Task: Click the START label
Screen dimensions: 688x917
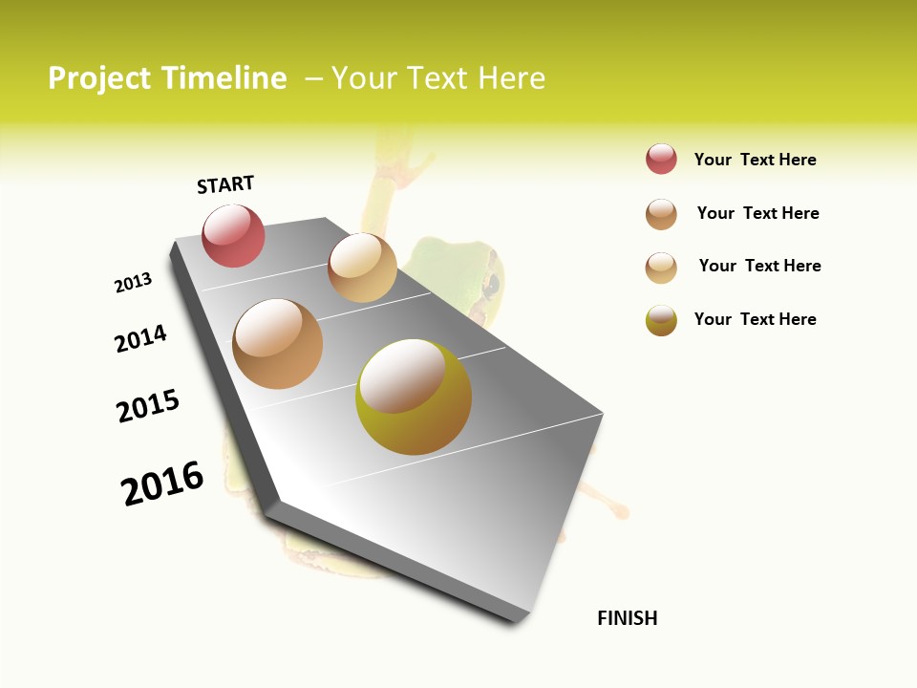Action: point(225,184)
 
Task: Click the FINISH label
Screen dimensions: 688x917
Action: point(627,618)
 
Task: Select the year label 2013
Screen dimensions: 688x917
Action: point(133,283)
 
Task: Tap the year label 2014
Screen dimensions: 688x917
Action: point(140,338)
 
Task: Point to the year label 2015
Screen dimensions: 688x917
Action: point(148,406)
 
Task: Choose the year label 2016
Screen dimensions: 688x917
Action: point(162,484)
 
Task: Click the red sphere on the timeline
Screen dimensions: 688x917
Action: point(234,235)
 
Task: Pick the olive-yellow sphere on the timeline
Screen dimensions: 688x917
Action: point(413,397)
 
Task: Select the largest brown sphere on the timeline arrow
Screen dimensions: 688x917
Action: point(277,344)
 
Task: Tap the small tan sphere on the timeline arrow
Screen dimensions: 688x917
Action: point(362,268)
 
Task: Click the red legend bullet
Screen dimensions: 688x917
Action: point(661,160)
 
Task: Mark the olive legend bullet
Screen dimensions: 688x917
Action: point(661,320)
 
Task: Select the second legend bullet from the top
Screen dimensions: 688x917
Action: point(661,214)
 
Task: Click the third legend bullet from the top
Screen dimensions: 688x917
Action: point(661,268)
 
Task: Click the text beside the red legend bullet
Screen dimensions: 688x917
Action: point(755,160)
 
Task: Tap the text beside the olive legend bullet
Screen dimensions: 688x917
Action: point(755,319)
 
